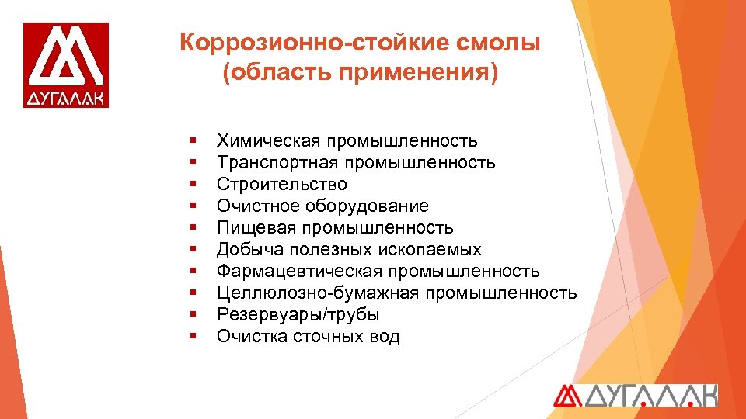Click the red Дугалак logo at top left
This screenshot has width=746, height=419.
point(66,64)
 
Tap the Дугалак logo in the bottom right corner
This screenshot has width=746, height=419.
point(635,395)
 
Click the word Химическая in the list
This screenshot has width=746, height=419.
point(268,141)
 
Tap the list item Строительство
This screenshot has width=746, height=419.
point(282,185)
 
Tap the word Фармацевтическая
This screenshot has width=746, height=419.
point(300,272)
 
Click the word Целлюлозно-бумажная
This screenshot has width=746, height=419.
point(316,293)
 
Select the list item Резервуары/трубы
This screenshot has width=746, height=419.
point(298,315)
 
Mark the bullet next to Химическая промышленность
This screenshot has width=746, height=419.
point(191,141)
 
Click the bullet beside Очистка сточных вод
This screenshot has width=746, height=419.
point(191,337)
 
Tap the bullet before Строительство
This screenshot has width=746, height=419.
point(191,185)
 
